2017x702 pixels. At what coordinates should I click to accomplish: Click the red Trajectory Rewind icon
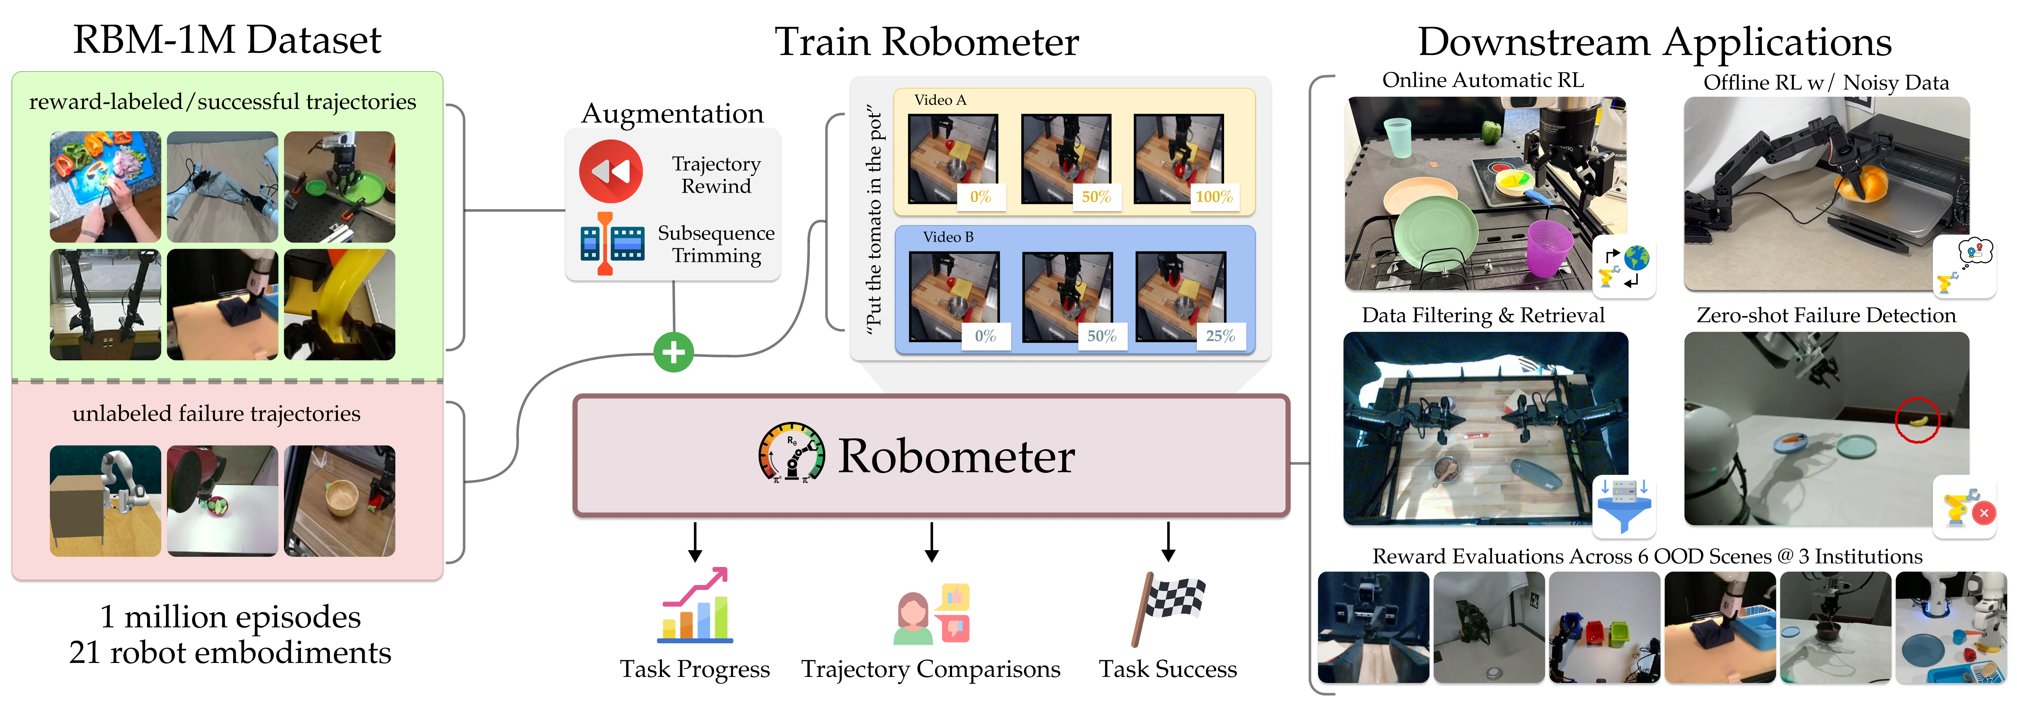[x=611, y=171]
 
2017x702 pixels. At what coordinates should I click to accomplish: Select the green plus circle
[x=673, y=352]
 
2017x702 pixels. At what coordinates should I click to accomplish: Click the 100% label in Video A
[x=1213, y=196]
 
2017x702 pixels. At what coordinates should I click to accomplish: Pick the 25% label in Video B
[x=1219, y=336]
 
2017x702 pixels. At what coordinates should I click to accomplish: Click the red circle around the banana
[x=1917, y=420]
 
